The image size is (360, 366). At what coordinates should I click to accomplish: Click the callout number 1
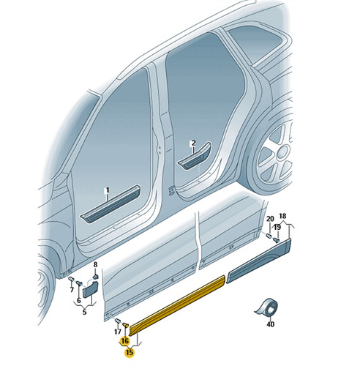(106, 190)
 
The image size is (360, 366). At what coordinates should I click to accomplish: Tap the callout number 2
(193, 143)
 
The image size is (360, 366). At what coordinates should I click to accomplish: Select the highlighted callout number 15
(130, 352)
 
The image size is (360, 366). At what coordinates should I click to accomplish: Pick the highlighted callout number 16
(124, 340)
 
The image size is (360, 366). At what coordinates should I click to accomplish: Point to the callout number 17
(118, 332)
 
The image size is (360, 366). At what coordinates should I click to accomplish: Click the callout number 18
(282, 216)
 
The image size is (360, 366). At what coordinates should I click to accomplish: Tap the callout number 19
(277, 228)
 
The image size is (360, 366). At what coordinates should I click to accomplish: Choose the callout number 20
(270, 219)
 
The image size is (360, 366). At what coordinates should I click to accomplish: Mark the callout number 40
(271, 324)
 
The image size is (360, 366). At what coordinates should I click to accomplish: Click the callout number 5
(84, 312)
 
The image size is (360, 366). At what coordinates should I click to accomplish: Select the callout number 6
(78, 300)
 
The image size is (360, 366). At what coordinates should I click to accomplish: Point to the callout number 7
(72, 290)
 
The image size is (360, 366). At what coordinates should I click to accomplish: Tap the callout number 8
(95, 264)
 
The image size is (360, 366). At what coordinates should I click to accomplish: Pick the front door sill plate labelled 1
(111, 203)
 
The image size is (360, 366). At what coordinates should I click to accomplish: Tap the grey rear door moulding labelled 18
(259, 261)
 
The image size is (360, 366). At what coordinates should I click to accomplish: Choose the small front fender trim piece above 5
(91, 290)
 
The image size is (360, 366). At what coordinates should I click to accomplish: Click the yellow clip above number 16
(126, 325)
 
